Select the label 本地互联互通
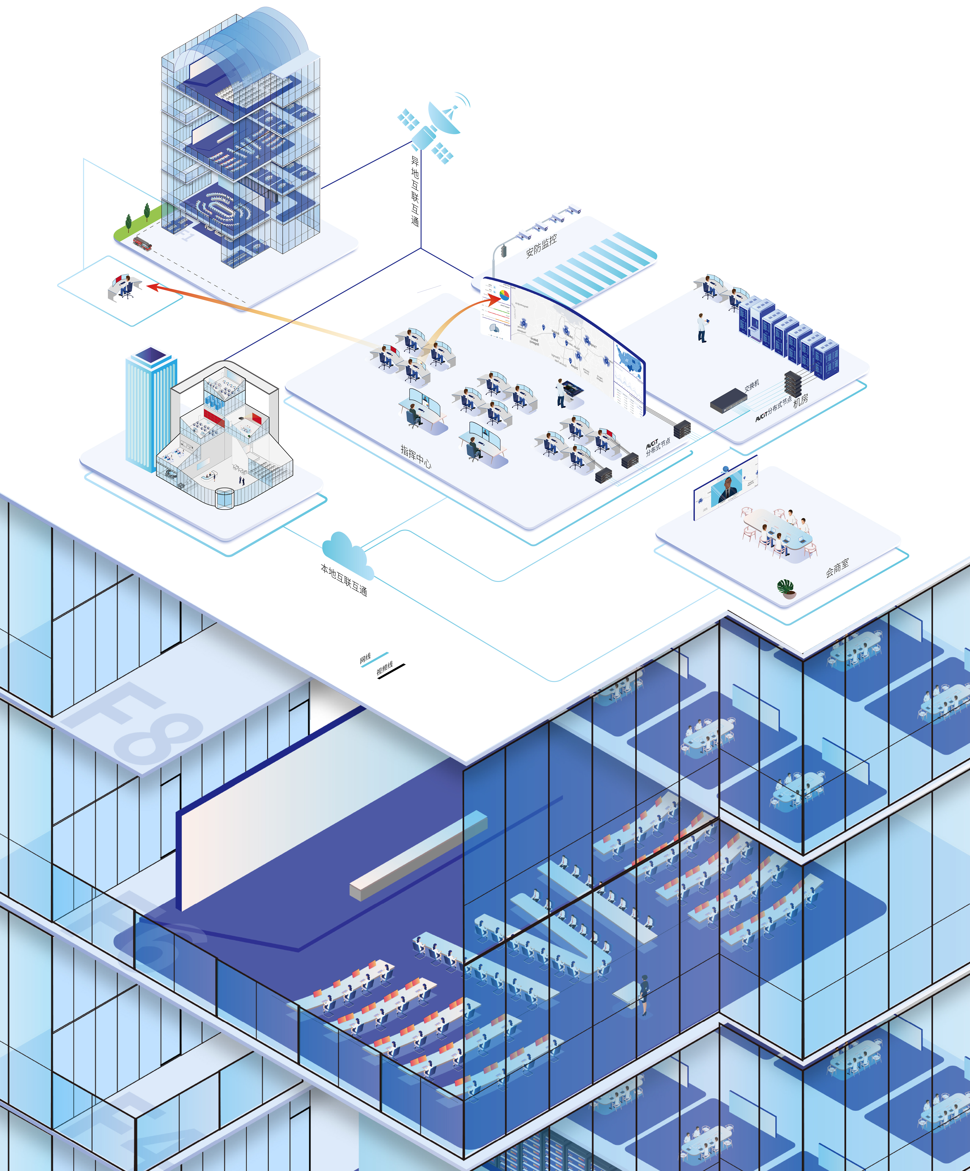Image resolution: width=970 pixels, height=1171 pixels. pyautogui.click(x=344, y=580)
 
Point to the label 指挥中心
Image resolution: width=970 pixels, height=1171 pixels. pyautogui.click(x=416, y=456)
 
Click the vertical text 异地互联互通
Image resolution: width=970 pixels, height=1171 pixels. pyautogui.click(x=415, y=191)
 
